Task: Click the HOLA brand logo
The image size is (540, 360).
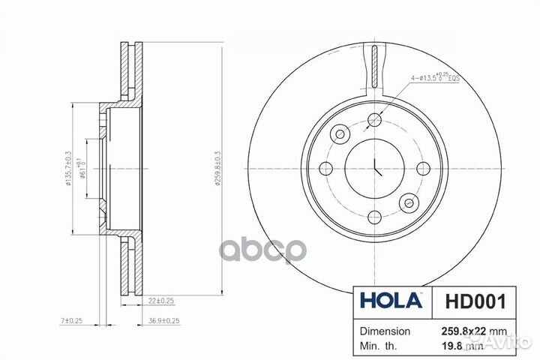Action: click(x=391, y=302)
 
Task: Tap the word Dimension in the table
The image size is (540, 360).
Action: click(x=385, y=331)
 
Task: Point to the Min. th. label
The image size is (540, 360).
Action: click(x=379, y=347)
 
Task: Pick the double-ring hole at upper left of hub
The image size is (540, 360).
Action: click(x=340, y=134)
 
